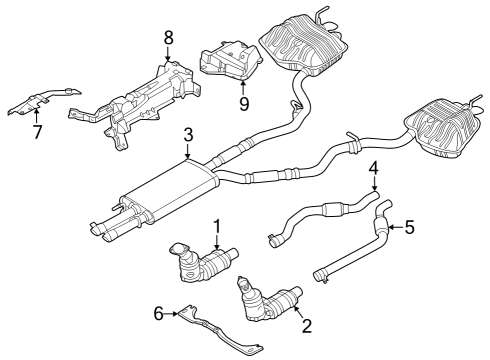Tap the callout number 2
click(x=307, y=327)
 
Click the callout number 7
click(x=36, y=132)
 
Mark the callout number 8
click(x=168, y=37)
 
